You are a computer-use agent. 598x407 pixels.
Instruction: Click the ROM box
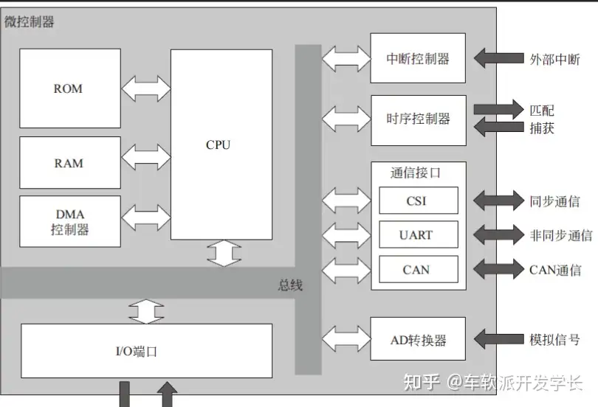tap(69, 88)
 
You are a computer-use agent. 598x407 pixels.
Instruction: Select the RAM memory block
tap(69, 162)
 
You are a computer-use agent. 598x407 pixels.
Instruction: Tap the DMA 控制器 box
tap(69, 221)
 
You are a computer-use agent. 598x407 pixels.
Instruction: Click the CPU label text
tap(218, 145)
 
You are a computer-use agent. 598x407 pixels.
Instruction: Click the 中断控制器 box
tap(418, 58)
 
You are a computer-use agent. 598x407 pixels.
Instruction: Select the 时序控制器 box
tap(418, 119)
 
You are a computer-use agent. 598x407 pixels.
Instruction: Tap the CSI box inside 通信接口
tap(418, 201)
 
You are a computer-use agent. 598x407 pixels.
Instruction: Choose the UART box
tap(418, 235)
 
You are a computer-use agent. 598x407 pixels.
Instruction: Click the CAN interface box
tap(418, 269)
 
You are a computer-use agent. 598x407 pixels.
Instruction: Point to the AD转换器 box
tap(418, 340)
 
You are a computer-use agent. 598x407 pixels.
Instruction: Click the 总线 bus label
tap(290, 285)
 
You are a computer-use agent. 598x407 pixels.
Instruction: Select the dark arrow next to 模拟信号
tap(498, 340)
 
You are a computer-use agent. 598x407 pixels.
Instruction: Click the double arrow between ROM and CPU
tap(145, 88)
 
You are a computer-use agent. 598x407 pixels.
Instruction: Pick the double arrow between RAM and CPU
tap(145, 157)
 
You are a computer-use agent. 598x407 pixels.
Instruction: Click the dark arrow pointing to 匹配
tap(498, 110)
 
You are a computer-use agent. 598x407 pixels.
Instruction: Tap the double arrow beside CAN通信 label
tap(498, 269)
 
